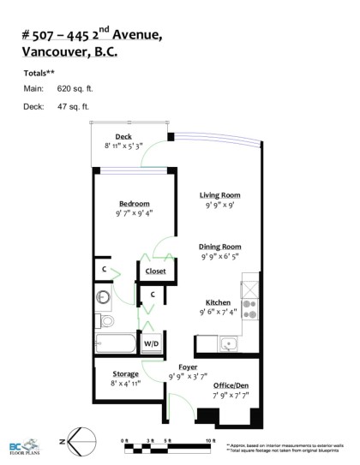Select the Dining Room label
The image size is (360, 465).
pyautogui.click(x=219, y=246)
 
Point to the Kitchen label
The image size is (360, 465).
pyautogui.click(x=219, y=301)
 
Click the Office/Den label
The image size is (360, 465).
pyautogui.click(x=231, y=385)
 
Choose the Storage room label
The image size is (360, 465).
pyautogui.click(x=128, y=374)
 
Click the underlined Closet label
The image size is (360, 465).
pyautogui.click(x=155, y=271)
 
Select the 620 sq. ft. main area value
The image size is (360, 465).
pyautogui.click(x=75, y=88)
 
